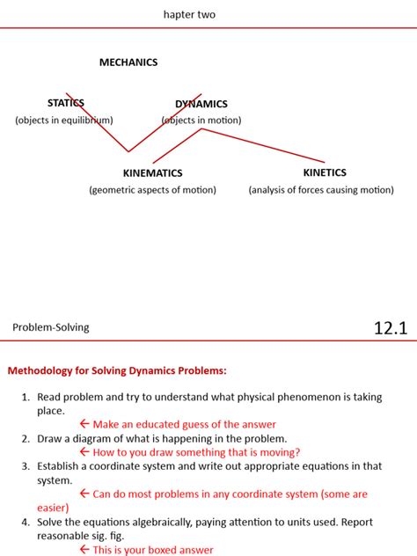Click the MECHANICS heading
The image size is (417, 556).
pyautogui.click(x=128, y=62)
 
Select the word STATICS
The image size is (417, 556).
pyautogui.click(x=66, y=104)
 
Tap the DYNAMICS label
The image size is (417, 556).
pyautogui.click(x=201, y=104)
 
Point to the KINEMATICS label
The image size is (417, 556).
pyautogui.click(x=152, y=173)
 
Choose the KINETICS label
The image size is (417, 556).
pyautogui.click(x=325, y=172)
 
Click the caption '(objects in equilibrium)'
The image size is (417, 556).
pyautogui.click(x=64, y=121)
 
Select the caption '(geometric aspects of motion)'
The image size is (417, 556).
pyautogui.click(x=152, y=190)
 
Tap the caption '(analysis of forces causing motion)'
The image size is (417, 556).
pyautogui.click(x=321, y=190)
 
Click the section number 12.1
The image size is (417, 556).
pyautogui.click(x=391, y=329)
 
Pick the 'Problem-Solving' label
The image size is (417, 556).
pyautogui.click(x=51, y=328)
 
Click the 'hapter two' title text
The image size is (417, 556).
pyautogui.click(x=189, y=15)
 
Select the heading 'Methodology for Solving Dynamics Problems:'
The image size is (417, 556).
pyautogui.click(x=117, y=371)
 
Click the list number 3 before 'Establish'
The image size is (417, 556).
pyautogui.click(x=26, y=466)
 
